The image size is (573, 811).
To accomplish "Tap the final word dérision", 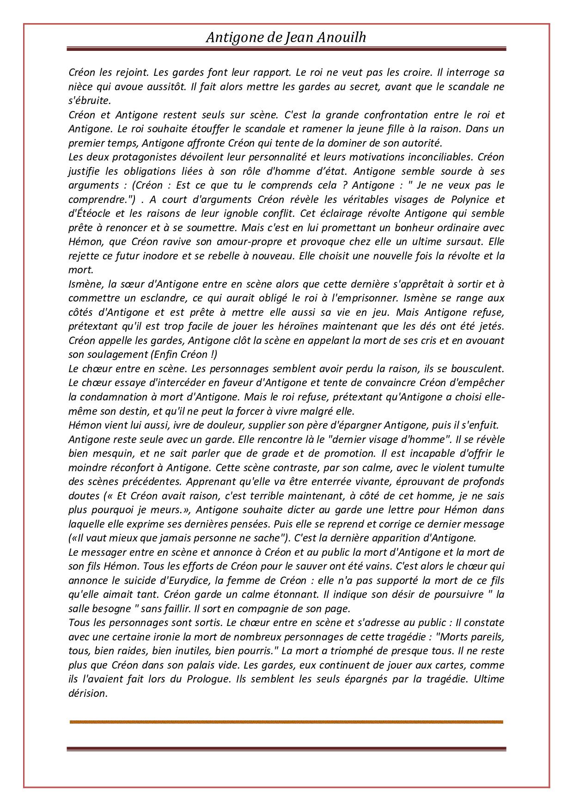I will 88,694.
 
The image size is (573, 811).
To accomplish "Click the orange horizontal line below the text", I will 286,722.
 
